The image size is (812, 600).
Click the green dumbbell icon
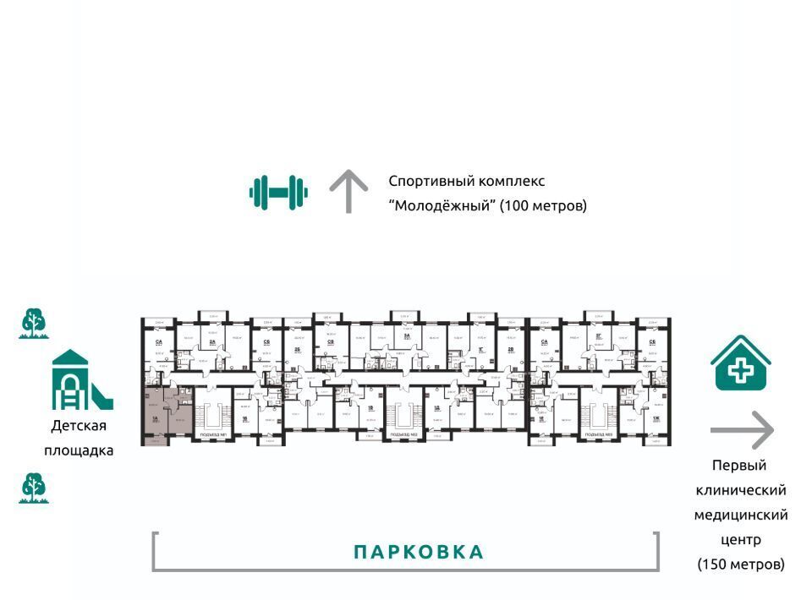(x=278, y=192)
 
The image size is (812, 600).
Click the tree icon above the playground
(x=34, y=324)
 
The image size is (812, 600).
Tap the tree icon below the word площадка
(x=34, y=488)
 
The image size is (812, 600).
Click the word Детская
(x=79, y=426)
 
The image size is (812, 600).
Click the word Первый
(x=738, y=466)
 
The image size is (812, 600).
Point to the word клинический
(x=741, y=490)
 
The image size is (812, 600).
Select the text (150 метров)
(x=741, y=564)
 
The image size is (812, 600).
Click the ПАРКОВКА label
(x=419, y=553)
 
